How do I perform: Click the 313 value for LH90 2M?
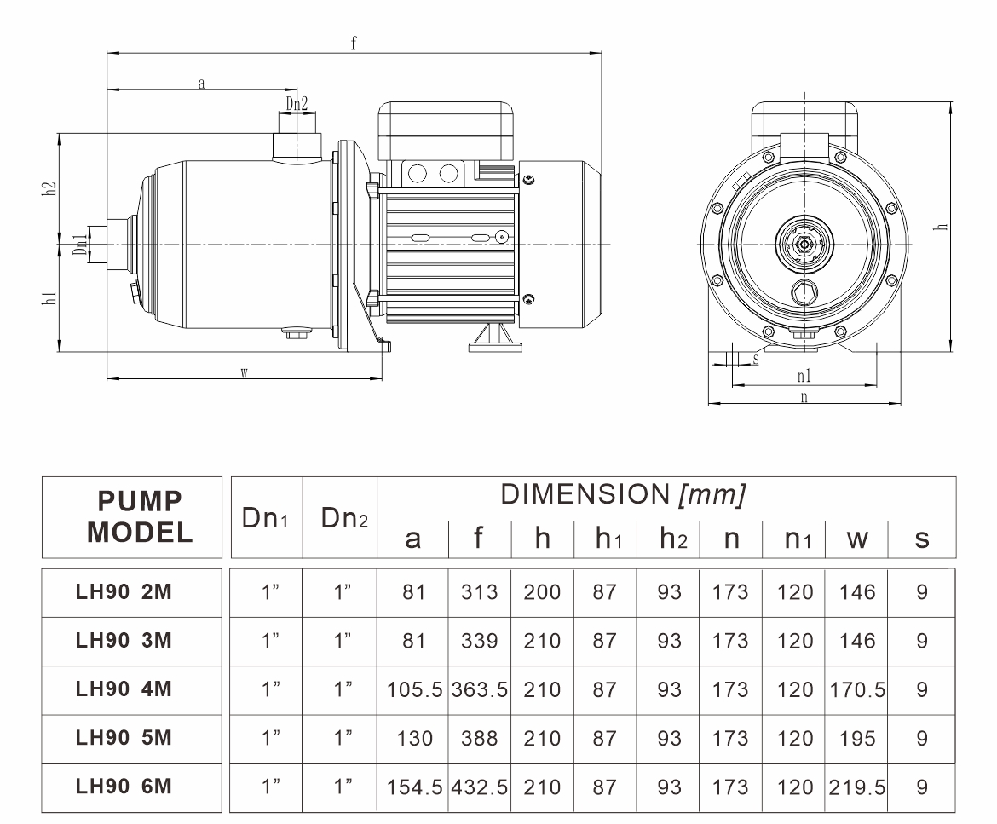pyautogui.click(x=480, y=592)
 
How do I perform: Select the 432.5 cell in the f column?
pyautogui.click(x=480, y=787)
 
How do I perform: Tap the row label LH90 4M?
pyautogui.click(x=124, y=689)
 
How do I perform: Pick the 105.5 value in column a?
pyautogui.click(x=415, y=690)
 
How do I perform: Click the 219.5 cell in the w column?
pyautogui.click(x=857, y=787)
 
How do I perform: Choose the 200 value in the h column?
pyautogui.click(x=542, y=592)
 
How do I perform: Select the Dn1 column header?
pyautogui.click(x=265, y=519)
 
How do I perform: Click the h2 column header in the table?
pyautogui.click(x=673, y=539)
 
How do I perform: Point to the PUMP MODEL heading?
pyautogui.click(x=140, y=517)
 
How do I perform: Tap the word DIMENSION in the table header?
pyautogui.click(x=585, y=494)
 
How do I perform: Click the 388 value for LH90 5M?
pyautogui.click(x=480, y=738)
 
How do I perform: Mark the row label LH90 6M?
pyautogui.click(x=124, y=787)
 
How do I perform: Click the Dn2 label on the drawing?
pyautogui.click(x=297, y=103)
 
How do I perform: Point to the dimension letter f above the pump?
pyautogui.click(x=354, y=43)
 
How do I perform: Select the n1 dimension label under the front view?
pyautogui.click(x=804, y=376)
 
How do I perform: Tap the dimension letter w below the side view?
pyautogui.click(x=245, y=373)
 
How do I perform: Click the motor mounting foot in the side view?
pyautogui.click(x=495, y=338)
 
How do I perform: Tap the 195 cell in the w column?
pyautogui.click(x=857, y=738)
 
